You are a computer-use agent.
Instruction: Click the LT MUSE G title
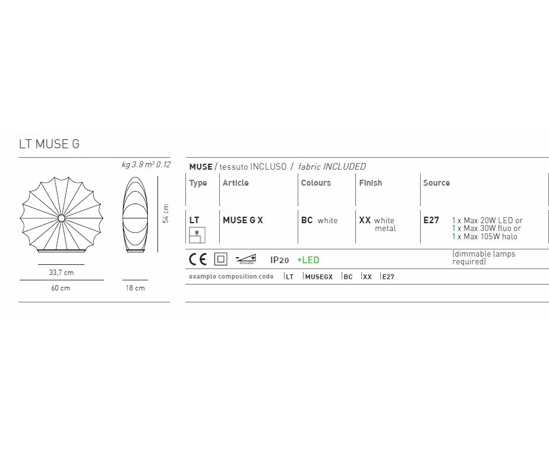[x=49, y=144]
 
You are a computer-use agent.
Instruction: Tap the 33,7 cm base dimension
[x=61, y=273]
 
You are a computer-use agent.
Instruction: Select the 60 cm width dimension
[x=61, y=288]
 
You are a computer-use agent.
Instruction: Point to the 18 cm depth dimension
[x=135, y=288]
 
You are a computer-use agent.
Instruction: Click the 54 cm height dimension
[x=166, y=214]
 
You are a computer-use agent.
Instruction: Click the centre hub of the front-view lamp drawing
[x=61, y=218]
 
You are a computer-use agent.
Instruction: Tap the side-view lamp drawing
[x=135, y=214]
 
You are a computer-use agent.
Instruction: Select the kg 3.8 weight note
[x=132, y=164]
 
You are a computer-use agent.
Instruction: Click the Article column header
[x=236, y=183]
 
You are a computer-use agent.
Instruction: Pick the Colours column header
[x=316, y=183]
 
